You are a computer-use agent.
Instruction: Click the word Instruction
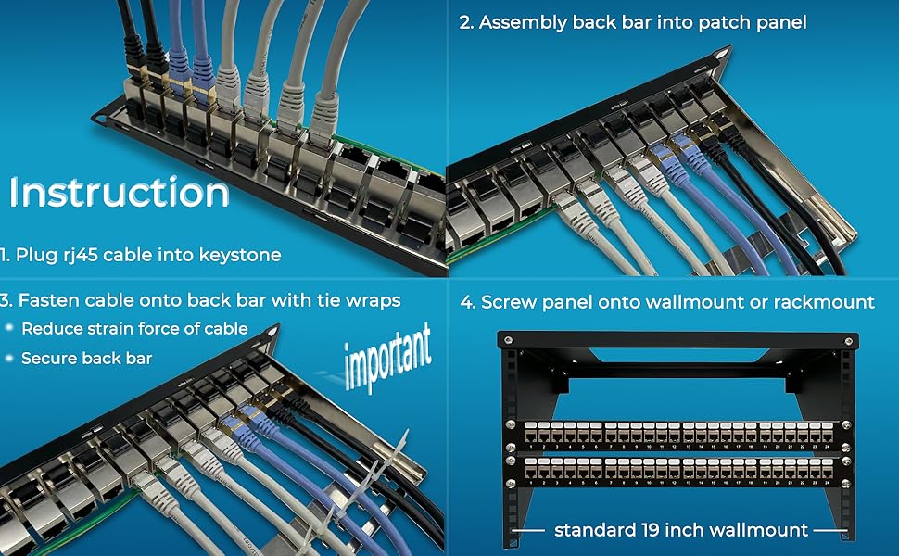(120, 193)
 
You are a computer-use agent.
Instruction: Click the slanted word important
(387, 356)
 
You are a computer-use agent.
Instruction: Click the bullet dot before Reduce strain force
(8, 329)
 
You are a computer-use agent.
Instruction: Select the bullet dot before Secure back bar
(8, 359)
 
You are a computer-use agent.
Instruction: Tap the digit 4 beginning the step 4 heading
(464, 302)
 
